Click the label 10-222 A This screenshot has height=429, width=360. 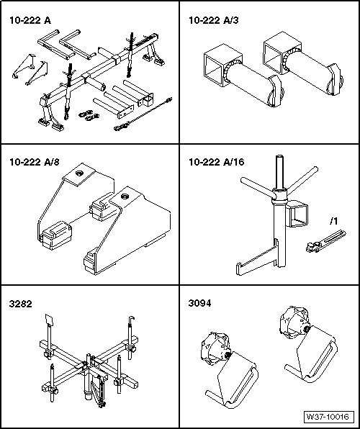pyautogui.click(x=30, y=20)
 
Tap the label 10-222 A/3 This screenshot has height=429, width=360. pyautogui.click(x=214, y=20)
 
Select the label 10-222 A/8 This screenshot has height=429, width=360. pyautogui.click(x=35, y=162)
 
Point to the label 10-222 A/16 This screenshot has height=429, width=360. pyautogui.click(x=216, y=162)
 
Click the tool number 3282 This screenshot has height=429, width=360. pyautogui.click(x=21, y=304)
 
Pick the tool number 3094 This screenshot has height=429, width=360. pyautogui.click(x=200, y=304)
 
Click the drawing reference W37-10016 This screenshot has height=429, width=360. pyautogui.click(x=329, y=417)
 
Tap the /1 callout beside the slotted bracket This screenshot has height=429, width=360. pyautogui.click(x=333, y=222)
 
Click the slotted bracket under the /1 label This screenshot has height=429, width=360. pyautogui.click(x=325, y=241)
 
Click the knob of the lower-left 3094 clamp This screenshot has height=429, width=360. pyautogui.click(x=215, y=348)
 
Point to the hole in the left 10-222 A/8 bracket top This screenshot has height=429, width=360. pyautogui.click(x=79, y=173)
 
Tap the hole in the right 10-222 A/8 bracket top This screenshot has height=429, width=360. pyautogui.click(x=125, y=197)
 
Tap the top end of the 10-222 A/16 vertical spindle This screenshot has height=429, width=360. pyautogui.click(x=279, y=156)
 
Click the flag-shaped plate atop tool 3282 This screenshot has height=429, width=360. pyautogui.click(x=49, y=320)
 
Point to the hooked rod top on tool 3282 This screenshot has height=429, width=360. pyautogui.click(x=132, y=319)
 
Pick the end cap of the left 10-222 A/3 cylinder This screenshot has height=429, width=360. pyautogui.click(x=276, y=91)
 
